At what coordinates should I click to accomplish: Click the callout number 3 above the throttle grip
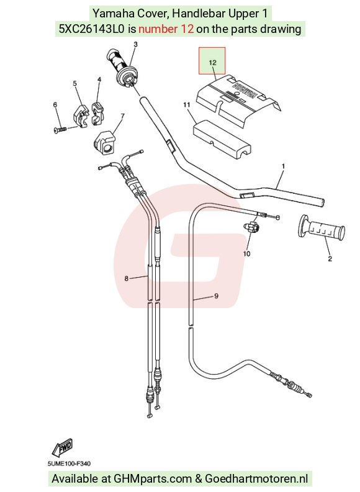tap(135, 44)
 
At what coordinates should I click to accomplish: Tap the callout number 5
tap(74, 83)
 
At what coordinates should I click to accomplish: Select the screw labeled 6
tap(61, 130)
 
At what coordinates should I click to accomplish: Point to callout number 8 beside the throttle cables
tap(127, 278)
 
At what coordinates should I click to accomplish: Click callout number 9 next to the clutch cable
tap(216, 296)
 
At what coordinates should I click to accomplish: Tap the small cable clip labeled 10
tap(251, 227)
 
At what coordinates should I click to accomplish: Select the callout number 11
tap(187, 105)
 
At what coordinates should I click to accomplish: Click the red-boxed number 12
tap(213, 63)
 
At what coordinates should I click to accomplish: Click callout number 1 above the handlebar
tap(284, 166)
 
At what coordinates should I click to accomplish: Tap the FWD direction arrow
tap(63, 448)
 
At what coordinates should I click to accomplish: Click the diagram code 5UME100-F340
tap(70, 463)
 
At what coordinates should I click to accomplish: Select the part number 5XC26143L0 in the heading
tap(92, 29)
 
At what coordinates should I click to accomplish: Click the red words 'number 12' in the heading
tap(166, 29)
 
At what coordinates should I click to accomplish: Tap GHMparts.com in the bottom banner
tap(153, 478)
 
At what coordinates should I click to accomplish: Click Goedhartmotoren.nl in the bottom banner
tap(256, 478)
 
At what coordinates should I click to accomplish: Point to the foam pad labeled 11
tap(221, 138)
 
